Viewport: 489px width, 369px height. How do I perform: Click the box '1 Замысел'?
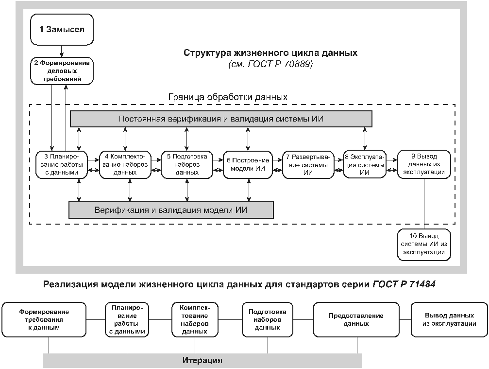click(x=62, y=29)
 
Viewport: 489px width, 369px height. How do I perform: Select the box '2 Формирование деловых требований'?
click(x=62, y=70)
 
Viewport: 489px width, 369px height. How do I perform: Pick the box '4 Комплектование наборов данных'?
click(x=125, y=164)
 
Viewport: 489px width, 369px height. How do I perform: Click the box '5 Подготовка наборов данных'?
click(x=187, y=164)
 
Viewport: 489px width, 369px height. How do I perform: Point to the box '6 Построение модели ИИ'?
click(x=249, y=164)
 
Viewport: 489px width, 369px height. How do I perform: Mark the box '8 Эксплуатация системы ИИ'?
click(x=364, y=164)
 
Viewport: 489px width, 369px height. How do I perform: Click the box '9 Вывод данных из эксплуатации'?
click(x=424, y=164)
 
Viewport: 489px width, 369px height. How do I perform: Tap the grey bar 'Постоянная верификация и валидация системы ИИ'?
click(x=221, y=119)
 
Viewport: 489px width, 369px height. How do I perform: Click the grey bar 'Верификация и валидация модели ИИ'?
click(x=171, y=210)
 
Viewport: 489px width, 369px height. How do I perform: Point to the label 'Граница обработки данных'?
click(x=228, y=97)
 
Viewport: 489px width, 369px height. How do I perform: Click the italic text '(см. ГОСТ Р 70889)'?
click(x=270, y=64)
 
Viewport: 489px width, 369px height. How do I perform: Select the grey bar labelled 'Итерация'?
click(x=202, y=360)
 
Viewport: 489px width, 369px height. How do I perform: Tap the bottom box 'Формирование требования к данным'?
click(x=44, y=319)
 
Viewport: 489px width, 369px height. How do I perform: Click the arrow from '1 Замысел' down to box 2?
click(x=62, y=51)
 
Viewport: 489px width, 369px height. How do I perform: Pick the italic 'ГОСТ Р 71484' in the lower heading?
click(x=404, y=284)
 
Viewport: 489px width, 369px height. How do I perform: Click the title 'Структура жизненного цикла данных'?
click(x=270, y=53)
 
